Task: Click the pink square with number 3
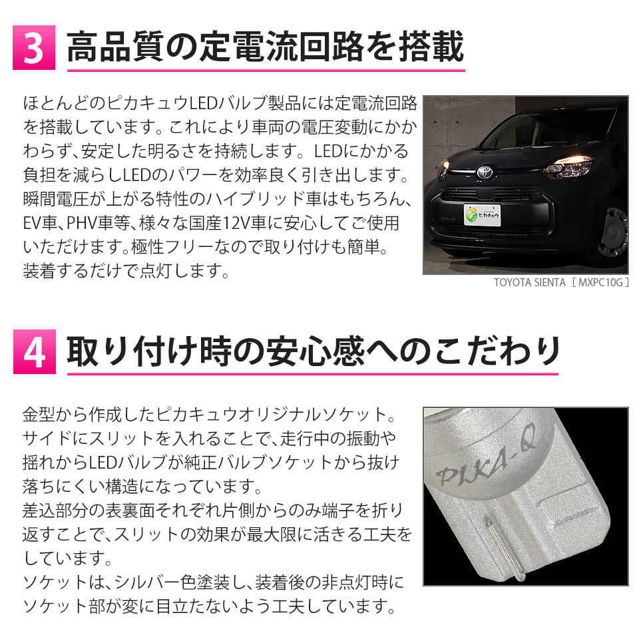point(34,48)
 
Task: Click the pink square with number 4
point(34,351)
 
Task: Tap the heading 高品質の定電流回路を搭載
point(266,47)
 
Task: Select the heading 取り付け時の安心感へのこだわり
point(313,351)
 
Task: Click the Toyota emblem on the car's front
point(485,171)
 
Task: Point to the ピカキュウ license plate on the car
point(482,214)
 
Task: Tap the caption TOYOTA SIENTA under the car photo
point(530,282)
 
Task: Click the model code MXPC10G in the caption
point(600,282)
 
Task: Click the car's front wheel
point(614,232)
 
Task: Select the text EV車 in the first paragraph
point(39,223)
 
